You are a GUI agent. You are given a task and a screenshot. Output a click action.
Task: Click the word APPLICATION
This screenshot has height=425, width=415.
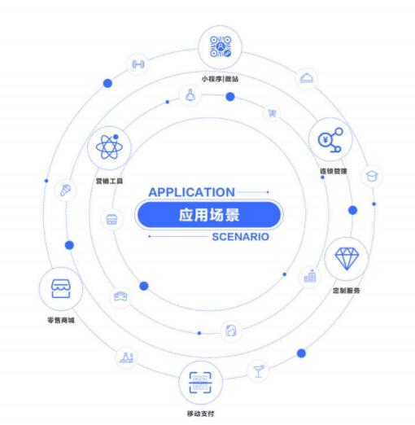coord(191,192)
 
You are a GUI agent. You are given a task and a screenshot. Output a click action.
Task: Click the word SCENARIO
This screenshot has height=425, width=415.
coord(240,237)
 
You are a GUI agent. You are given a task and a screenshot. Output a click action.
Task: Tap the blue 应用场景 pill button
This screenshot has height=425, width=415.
coord(209,215)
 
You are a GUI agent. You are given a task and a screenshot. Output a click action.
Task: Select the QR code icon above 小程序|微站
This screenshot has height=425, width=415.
coord(221,46)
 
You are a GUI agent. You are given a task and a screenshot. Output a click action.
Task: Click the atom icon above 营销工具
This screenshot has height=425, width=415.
coord(109,147)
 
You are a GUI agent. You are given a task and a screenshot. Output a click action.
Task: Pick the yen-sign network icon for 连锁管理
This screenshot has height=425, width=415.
coord(330,140)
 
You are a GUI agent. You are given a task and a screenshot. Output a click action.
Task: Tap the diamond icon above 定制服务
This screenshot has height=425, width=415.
coord(347,259)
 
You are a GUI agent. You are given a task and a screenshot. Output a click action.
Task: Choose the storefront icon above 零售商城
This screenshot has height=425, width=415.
coord(61,289)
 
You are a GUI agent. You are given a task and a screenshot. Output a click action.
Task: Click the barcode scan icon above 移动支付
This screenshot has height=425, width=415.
coord(200,383)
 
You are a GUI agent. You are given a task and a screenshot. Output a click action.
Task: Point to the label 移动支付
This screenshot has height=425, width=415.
coord(200,414)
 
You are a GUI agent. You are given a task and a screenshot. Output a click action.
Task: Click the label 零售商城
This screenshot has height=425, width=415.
coord(61,320)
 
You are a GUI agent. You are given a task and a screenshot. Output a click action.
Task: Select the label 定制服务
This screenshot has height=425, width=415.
coord(347,291)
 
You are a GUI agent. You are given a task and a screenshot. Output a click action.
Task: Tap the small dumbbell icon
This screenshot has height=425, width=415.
coord(138,64)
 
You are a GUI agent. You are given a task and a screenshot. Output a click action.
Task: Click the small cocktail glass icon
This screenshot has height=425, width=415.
coord(259,370)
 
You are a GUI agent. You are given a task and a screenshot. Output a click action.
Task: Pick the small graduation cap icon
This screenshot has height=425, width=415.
coord(372,177)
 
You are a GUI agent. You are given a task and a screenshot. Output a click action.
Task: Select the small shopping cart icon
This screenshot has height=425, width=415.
coord(272,113)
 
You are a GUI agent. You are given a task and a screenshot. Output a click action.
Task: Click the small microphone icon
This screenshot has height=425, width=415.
coord(65,190)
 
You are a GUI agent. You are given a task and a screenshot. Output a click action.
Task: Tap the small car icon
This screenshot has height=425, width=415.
coord(120,296)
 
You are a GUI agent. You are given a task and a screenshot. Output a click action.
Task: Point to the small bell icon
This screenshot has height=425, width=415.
coord(190,95)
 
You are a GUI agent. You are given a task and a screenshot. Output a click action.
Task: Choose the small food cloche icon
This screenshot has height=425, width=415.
coord(306,78)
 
